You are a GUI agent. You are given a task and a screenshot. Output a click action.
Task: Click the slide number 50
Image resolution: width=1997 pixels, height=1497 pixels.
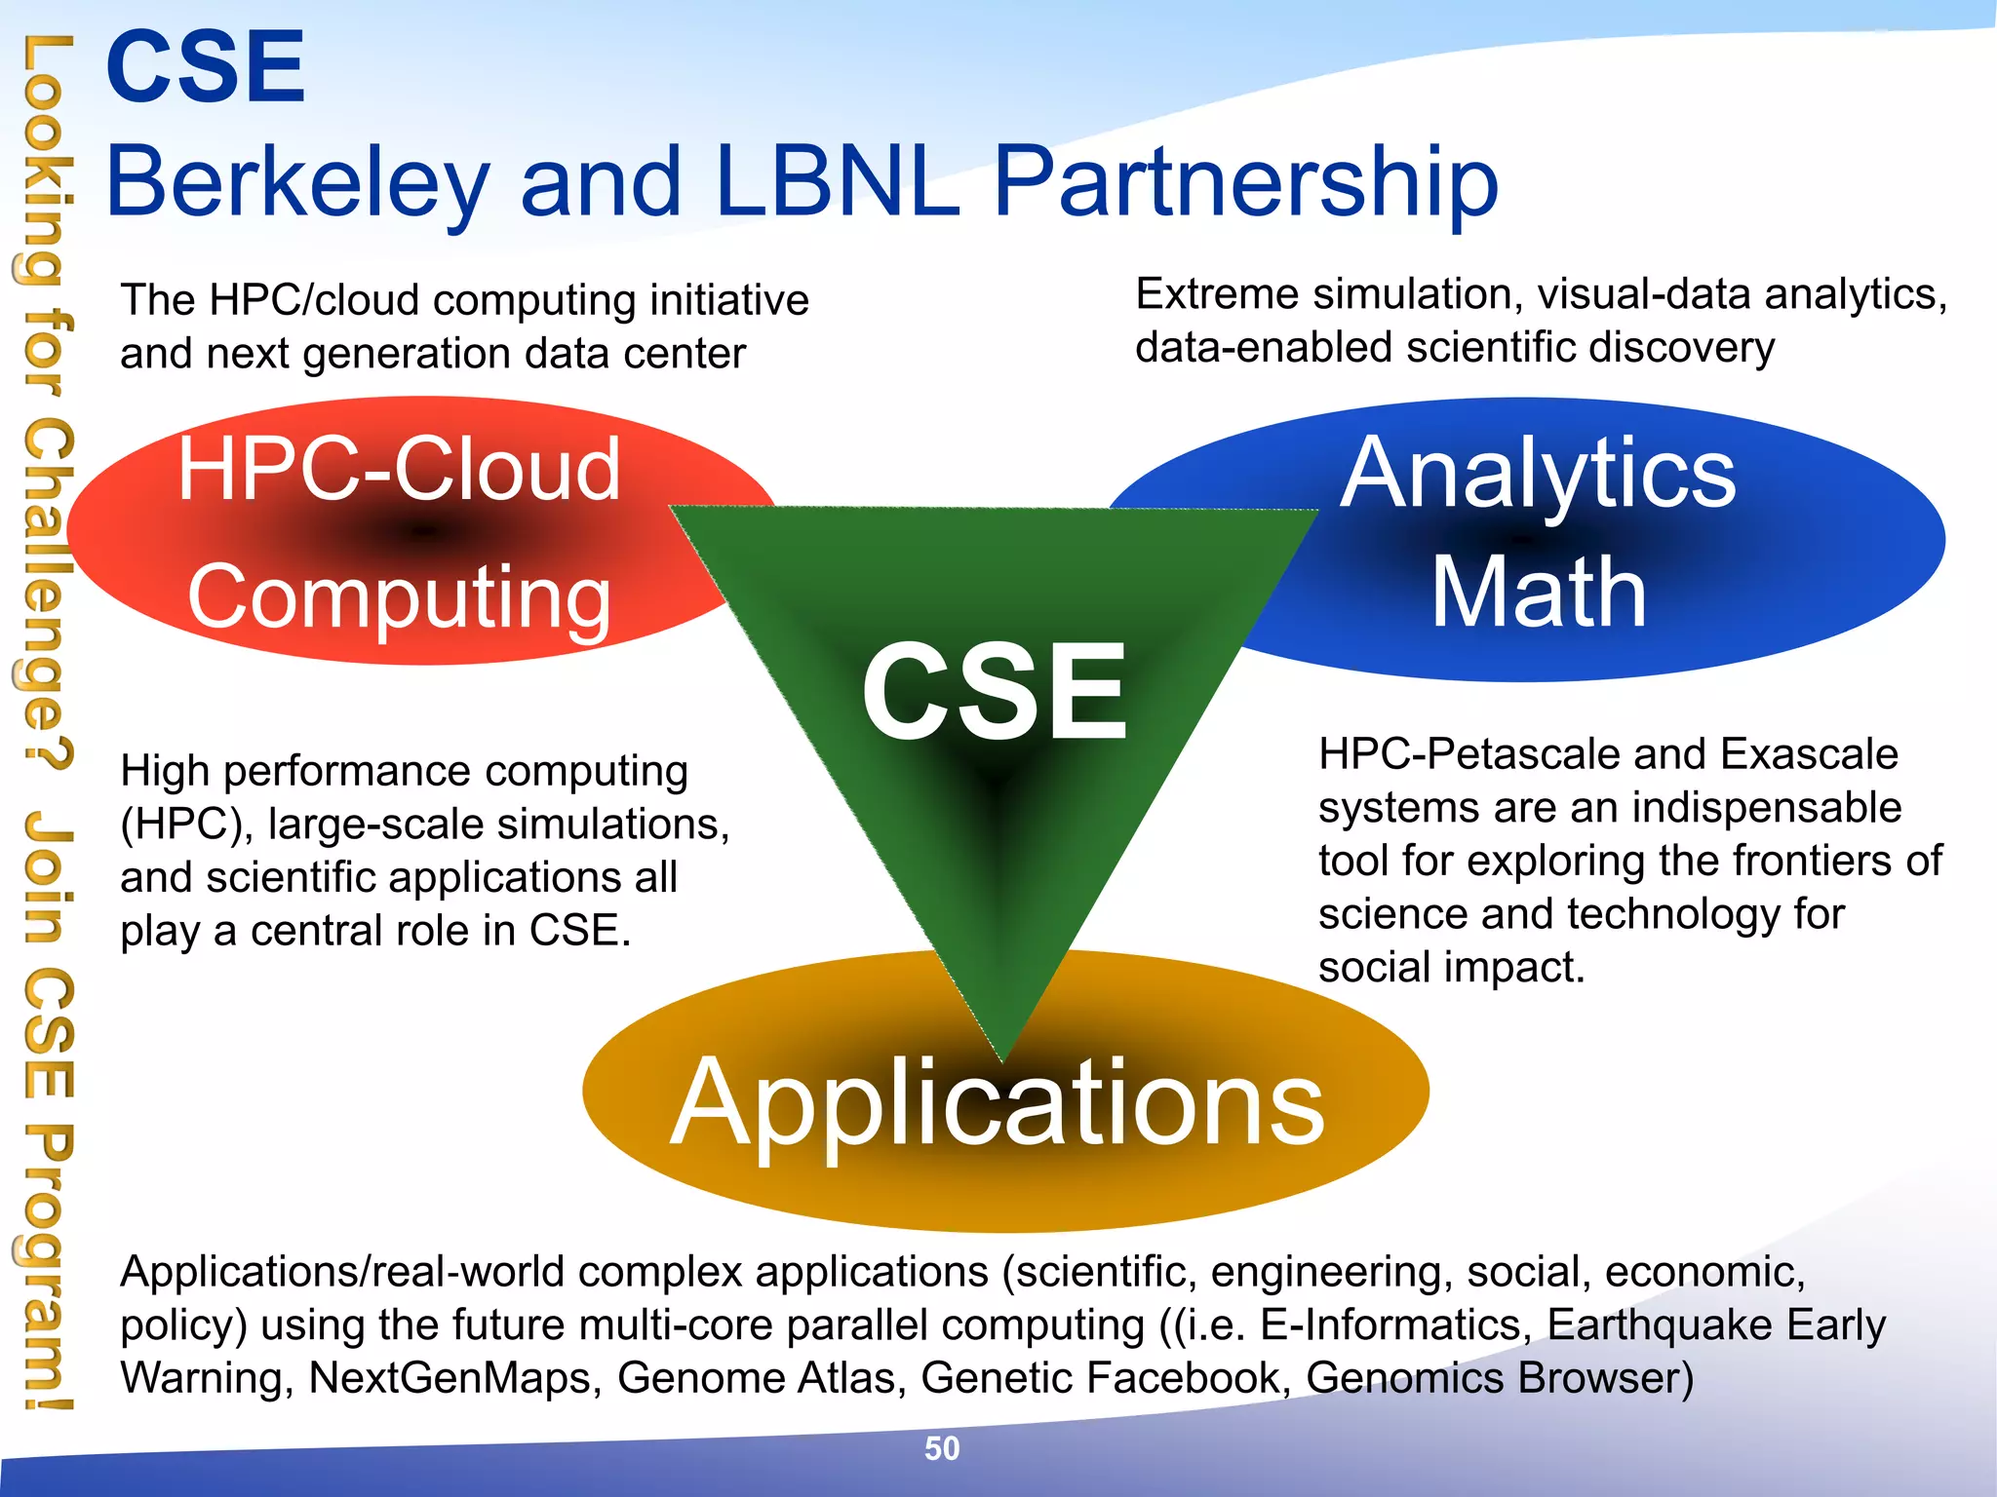click(942, 1448)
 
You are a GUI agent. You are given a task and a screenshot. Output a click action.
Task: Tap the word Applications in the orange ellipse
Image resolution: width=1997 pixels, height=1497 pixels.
click(998, 1103)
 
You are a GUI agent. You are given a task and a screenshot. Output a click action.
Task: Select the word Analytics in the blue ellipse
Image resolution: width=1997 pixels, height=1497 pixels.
click(1538, 475)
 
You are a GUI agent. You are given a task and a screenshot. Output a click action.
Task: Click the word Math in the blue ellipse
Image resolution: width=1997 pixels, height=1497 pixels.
click(1539, 593)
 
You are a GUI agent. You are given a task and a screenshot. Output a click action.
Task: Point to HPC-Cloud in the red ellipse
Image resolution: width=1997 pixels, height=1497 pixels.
click(398, 470)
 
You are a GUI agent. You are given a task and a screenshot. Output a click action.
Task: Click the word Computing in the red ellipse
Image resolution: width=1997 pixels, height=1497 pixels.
click(400, 596)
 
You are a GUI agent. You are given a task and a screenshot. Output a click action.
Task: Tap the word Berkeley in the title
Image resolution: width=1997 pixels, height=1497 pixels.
click(296, 182)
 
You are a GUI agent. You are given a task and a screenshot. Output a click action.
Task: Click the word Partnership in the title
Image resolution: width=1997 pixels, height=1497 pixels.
click(1245, 182)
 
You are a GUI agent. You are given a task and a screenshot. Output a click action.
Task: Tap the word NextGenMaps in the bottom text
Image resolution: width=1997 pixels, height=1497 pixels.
click(454, 1378)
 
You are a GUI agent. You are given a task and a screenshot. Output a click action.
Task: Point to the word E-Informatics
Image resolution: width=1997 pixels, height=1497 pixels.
click(1390, 1325)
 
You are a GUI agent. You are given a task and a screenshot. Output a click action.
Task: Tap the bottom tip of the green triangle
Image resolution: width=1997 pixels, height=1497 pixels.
click(1003, 1058)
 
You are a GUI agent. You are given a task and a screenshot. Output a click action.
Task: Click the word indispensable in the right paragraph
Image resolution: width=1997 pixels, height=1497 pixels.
click(1766, 808)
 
